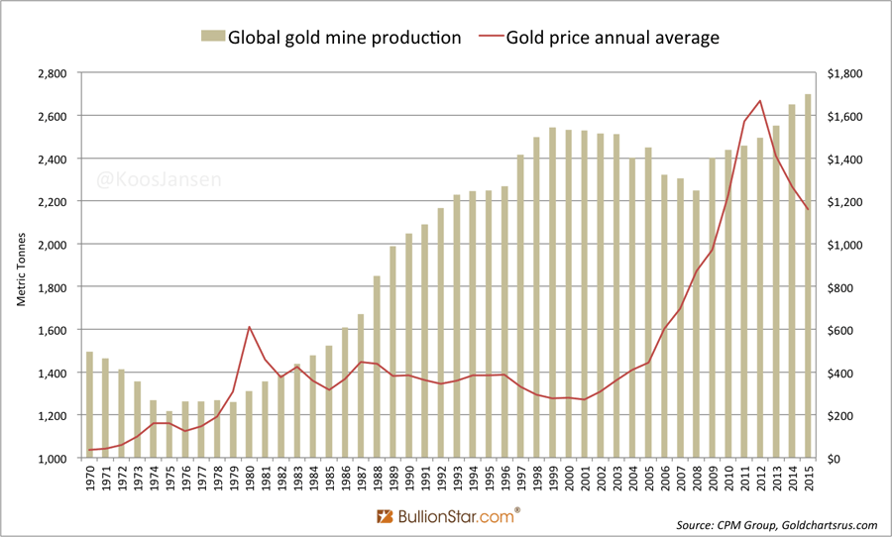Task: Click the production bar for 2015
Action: (808, 276)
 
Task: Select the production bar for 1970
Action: (89, 405)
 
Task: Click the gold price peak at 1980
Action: (250, 327)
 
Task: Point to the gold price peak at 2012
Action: (759, 101)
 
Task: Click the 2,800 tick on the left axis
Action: (52, 73)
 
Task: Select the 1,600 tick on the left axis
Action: (52, 330)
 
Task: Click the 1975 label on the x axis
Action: (169, 481)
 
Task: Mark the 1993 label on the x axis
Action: (457, 481)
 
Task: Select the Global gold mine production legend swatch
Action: (212, 38)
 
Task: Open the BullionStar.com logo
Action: (449, 516)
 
